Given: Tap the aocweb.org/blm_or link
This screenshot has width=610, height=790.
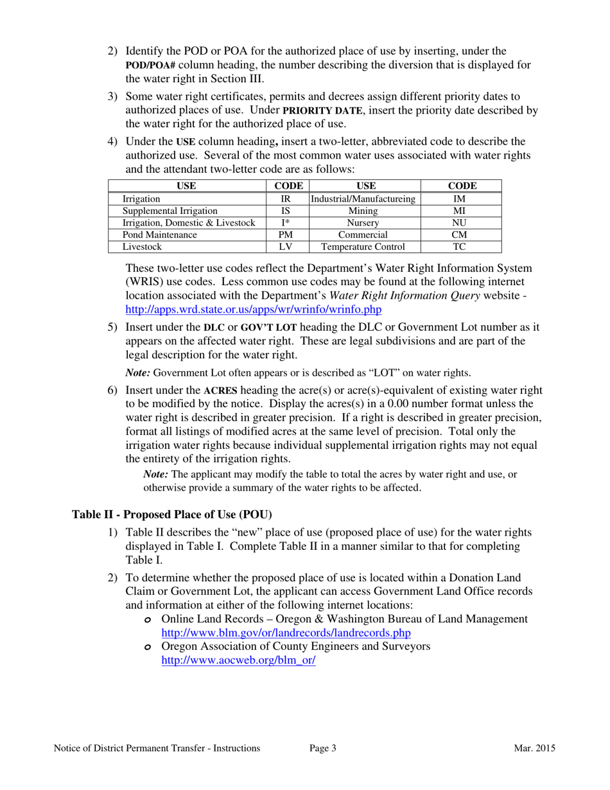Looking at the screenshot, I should coord(238,660).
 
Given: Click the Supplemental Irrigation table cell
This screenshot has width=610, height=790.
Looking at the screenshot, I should coord(170,211).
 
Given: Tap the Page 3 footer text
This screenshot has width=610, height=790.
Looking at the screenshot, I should coord(323,748).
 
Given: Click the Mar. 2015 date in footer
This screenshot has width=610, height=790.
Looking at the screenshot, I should coord(534,748).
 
